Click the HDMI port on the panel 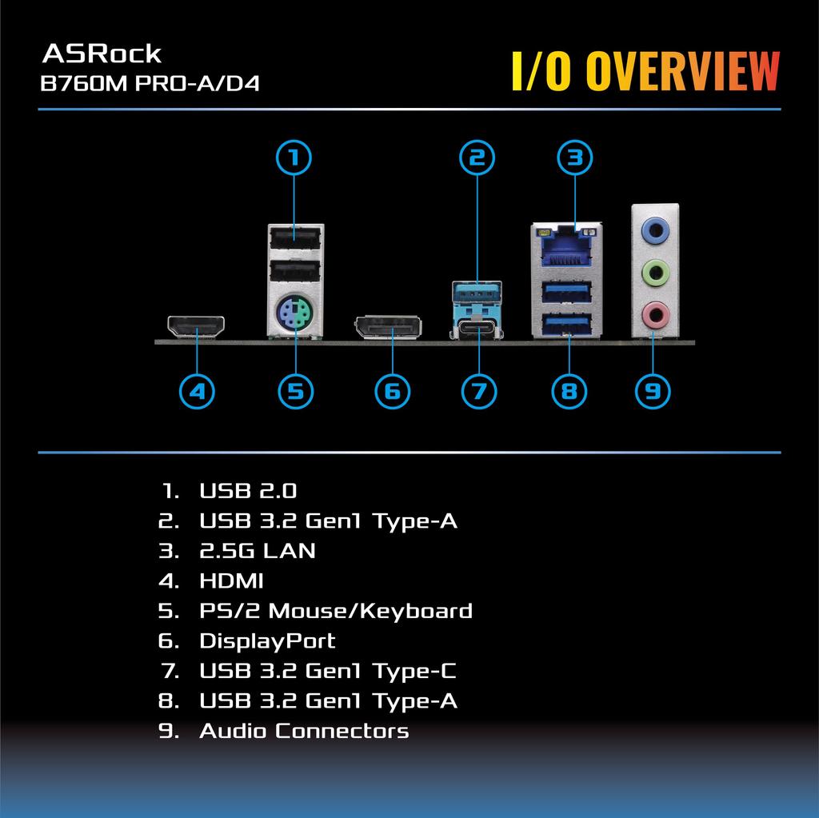tap(196, 327)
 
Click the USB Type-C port tap(477, 328)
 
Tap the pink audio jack tap(656, 314)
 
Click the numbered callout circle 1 tap(294, 158)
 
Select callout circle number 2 tap(477, 158)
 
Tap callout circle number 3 tap(574, 158)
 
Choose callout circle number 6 tap(392, 391)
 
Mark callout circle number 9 tap(653, 391)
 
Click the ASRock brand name tap(102, 54)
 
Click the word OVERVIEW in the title tap(682, 72)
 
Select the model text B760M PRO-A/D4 tap(150, 84)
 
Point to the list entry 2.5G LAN tap(257, 550)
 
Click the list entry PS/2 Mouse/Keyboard tap(335, 611)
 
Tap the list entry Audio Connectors tap(304, 731)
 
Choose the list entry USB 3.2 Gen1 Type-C tap(328, 671)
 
